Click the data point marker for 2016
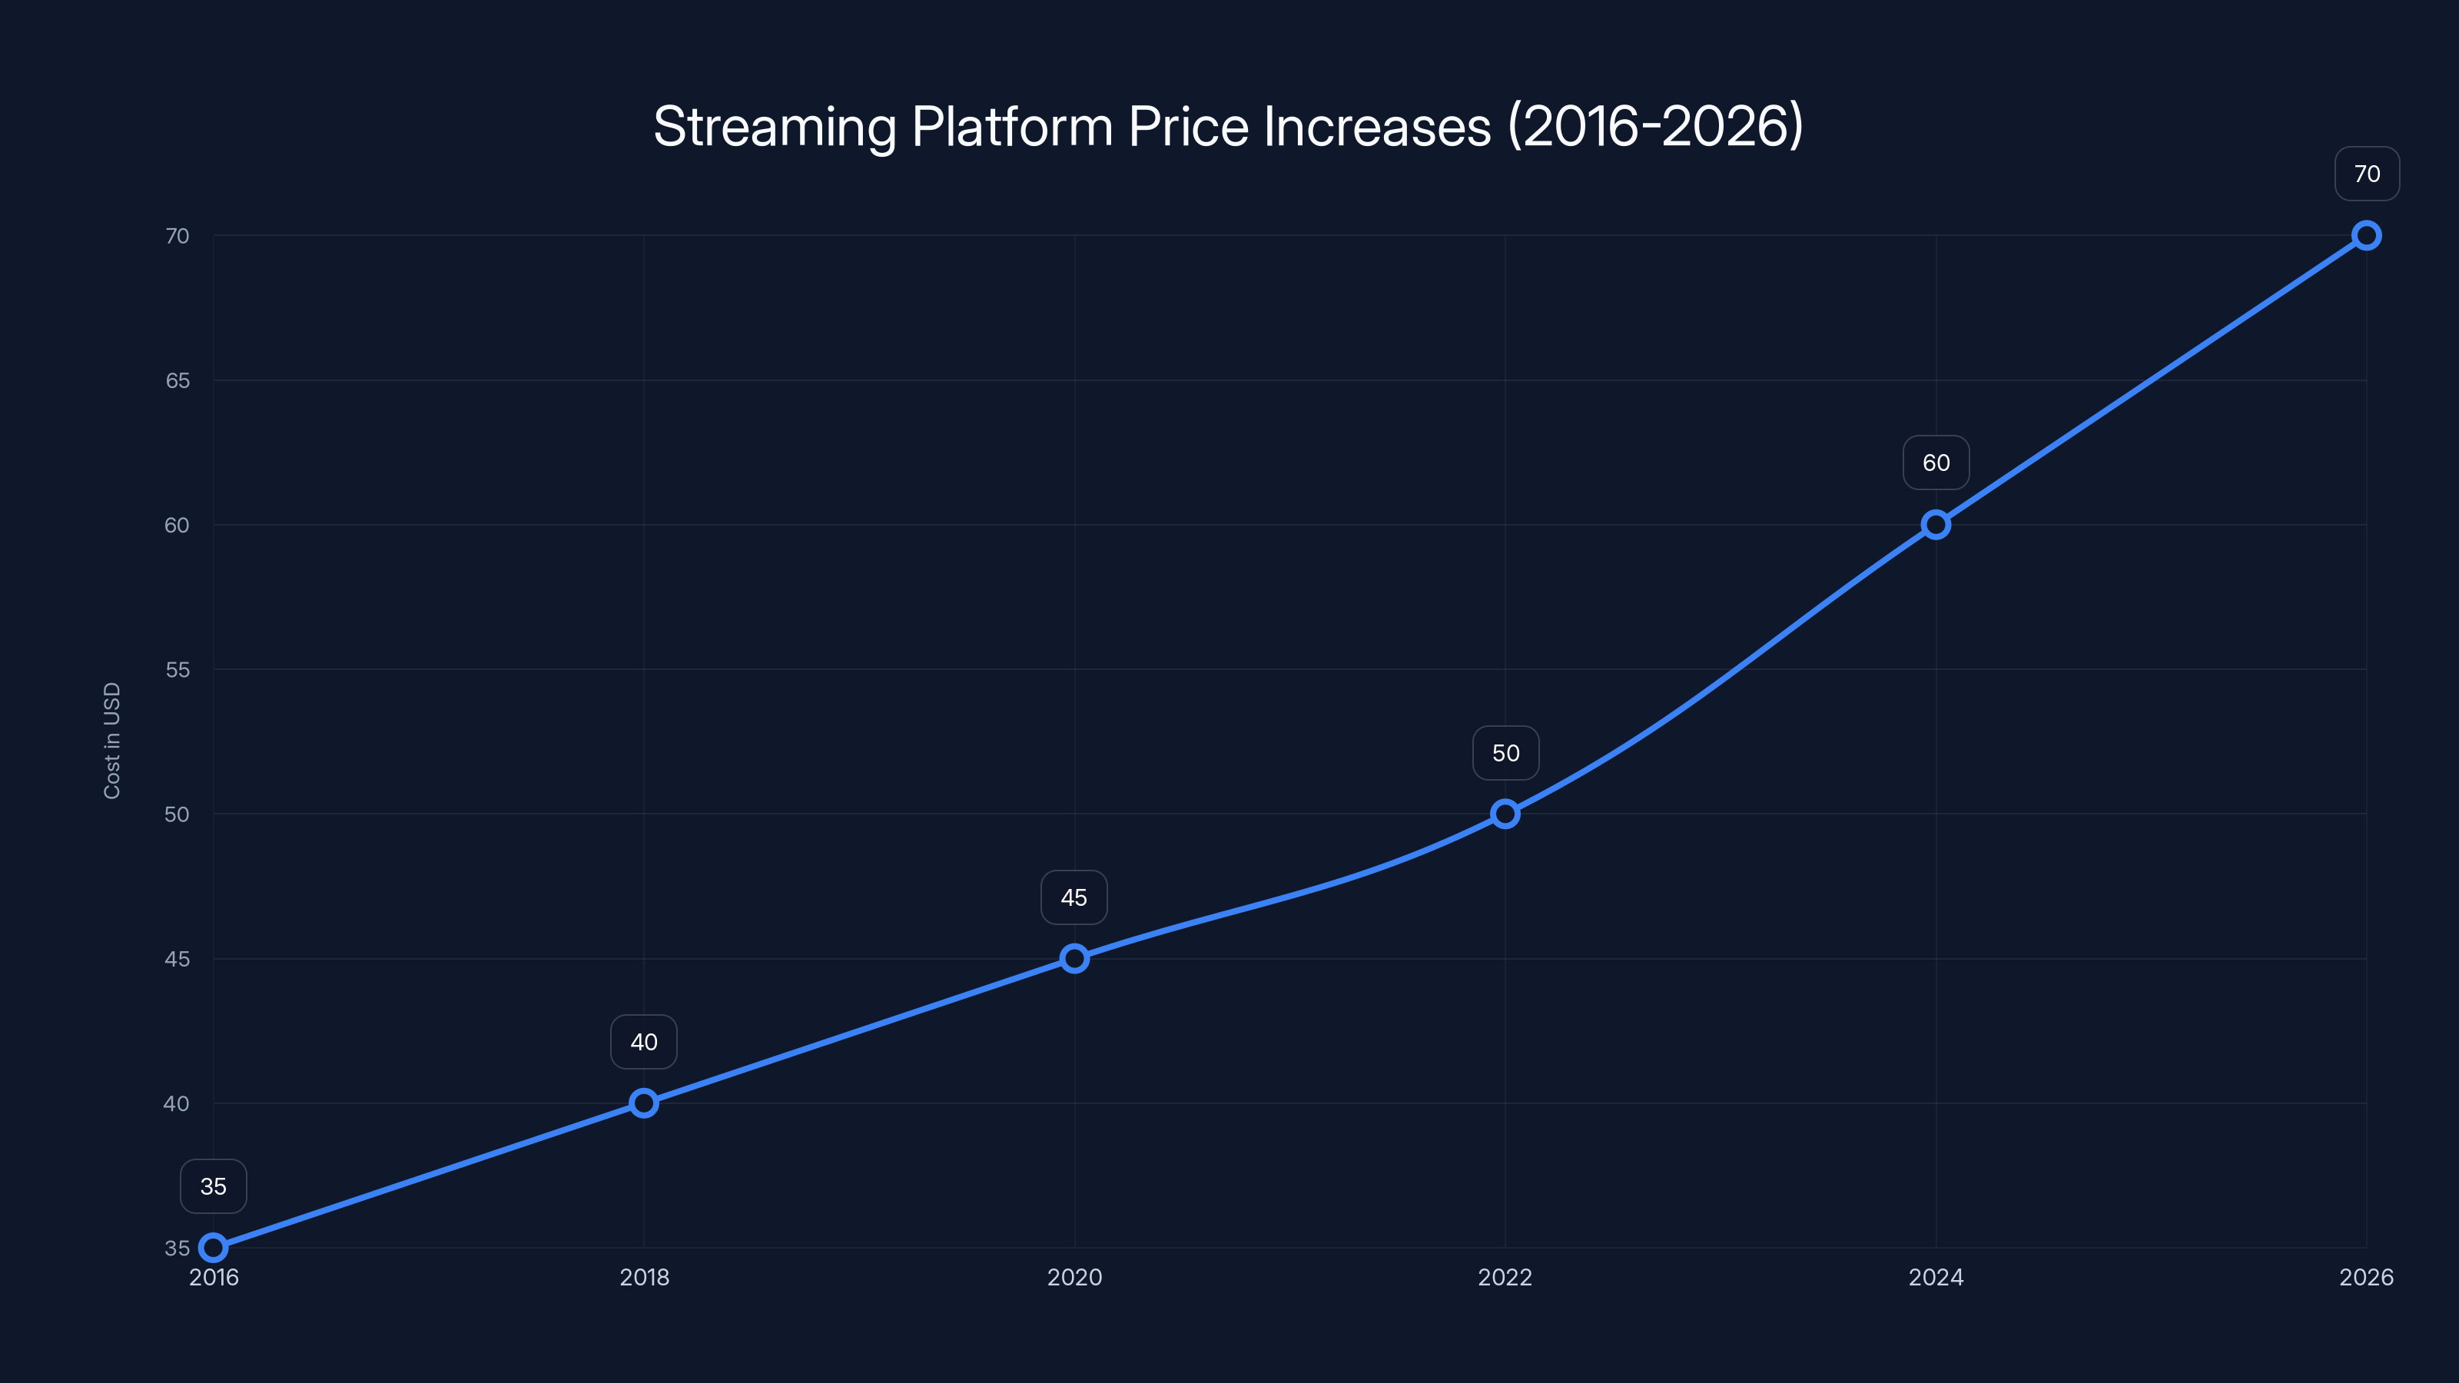tap(213, 1248)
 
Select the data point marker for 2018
tap(643, 1103)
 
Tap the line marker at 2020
tap(1074, 958)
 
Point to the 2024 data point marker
tap(1936, 525)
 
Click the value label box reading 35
tap(213, 1186)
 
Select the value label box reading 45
tap(1074, 897)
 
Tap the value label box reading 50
tap(1505, 753)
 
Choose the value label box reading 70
tap(2367, 174)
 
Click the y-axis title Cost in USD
tap(111, 741)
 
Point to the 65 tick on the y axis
tap(178, 381)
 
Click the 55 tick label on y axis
tap(178, 670)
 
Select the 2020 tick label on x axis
tap(1074, 1277)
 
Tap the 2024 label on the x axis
tap(1936, 1277)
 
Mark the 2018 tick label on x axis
tap(643, 1277)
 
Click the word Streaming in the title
tap(774, 127)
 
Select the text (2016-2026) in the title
tap(1655, 127)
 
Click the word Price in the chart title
tap(1189, 127)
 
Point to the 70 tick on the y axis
tap(178, 236)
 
